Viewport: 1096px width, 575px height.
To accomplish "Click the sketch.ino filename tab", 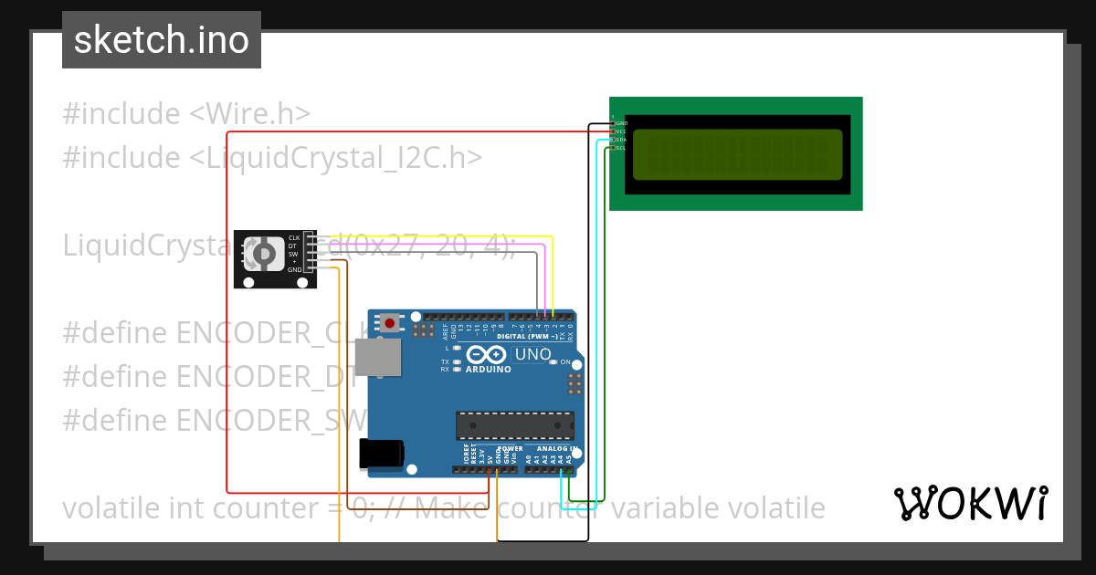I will (x=162, y=40).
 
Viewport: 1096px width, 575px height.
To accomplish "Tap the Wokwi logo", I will (x=970, y=503).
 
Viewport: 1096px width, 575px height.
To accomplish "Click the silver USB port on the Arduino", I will (x=376, y=357).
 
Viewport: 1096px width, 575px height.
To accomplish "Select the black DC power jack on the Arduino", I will (x=382, y=454).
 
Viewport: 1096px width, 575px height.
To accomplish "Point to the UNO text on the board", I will (x=533, y=354).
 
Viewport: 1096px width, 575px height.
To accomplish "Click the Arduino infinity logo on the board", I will (x=487, y=354).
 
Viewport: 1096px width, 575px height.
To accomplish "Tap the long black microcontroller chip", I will (x=515, y=425).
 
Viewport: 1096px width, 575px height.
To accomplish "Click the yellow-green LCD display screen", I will (x=737, y=154).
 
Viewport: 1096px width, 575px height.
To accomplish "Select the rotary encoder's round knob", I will (x=263, y=253).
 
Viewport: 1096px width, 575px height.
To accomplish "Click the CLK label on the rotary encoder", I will (x=294, y=237).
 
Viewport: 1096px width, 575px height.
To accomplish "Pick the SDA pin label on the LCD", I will (x=621, y=140).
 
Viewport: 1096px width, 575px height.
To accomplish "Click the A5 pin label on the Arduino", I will (x=569, y=459).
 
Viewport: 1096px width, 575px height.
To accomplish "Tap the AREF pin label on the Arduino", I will (x=446, y=330).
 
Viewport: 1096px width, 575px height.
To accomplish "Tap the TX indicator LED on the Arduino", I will (x=457, y=362).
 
